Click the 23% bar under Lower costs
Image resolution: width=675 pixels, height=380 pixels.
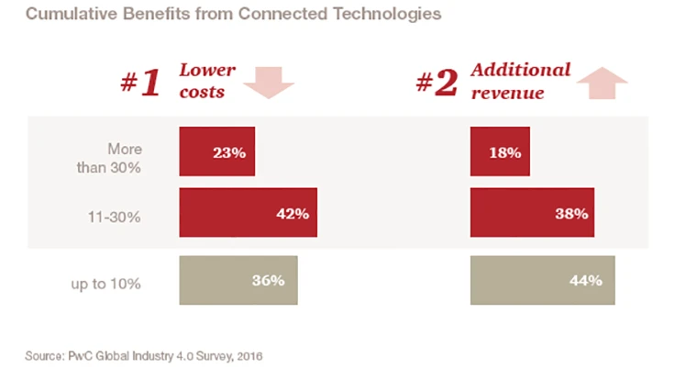coord(216,152)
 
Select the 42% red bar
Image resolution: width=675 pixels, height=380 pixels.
coord(249,213)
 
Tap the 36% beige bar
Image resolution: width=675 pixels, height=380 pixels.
coord(238,281)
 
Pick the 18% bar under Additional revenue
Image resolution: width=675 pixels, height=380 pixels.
coord(500,152)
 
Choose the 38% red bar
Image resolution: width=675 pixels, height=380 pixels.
coord(532,213)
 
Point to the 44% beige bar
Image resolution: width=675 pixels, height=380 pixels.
coord(542,281)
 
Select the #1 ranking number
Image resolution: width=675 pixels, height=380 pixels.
coord(140,83)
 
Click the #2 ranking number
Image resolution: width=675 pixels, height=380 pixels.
coord(437,83)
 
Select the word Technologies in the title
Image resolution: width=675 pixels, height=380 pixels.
coord(389,15)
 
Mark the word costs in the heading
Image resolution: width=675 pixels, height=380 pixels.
coord(201,93)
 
